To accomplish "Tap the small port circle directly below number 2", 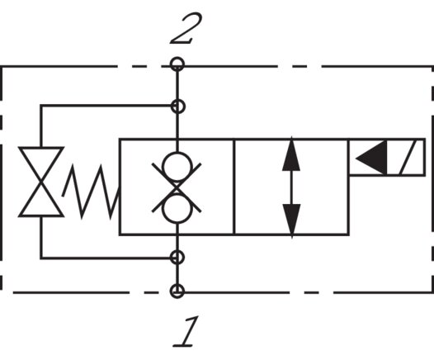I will click(177, 64).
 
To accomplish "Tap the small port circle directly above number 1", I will click(177, 291).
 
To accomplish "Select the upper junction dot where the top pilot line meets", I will click(177, 106).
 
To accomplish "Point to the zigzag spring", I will click(92, 191).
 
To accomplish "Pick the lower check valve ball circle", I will click(177, 210).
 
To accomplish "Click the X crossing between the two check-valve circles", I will click(177, 187).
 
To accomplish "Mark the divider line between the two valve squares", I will click(234, 187).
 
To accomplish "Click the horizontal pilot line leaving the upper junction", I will click(107, 106).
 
